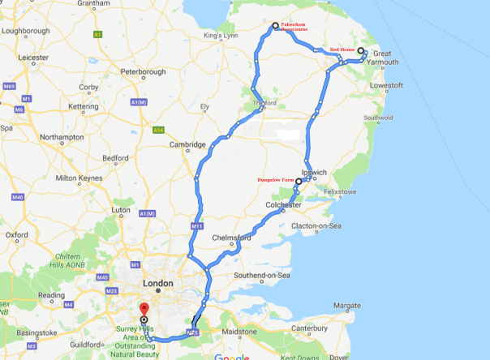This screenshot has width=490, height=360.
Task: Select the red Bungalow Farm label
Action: click(x=275, y=182)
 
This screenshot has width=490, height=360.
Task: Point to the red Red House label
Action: click(x=341, y=50)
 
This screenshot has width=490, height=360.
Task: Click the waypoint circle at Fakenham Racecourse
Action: click(x=275, y=26)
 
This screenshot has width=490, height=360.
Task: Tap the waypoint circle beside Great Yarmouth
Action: click(x=361, y=51)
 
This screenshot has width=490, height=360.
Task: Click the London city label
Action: click(x=157, y=283)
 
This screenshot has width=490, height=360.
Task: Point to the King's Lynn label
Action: click(x=224, y=36)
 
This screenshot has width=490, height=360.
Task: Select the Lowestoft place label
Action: click(x=386, y=85)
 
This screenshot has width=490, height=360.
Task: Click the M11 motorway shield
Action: click(x=196, y=225)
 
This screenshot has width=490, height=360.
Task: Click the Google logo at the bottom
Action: click(x=232, y=356)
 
